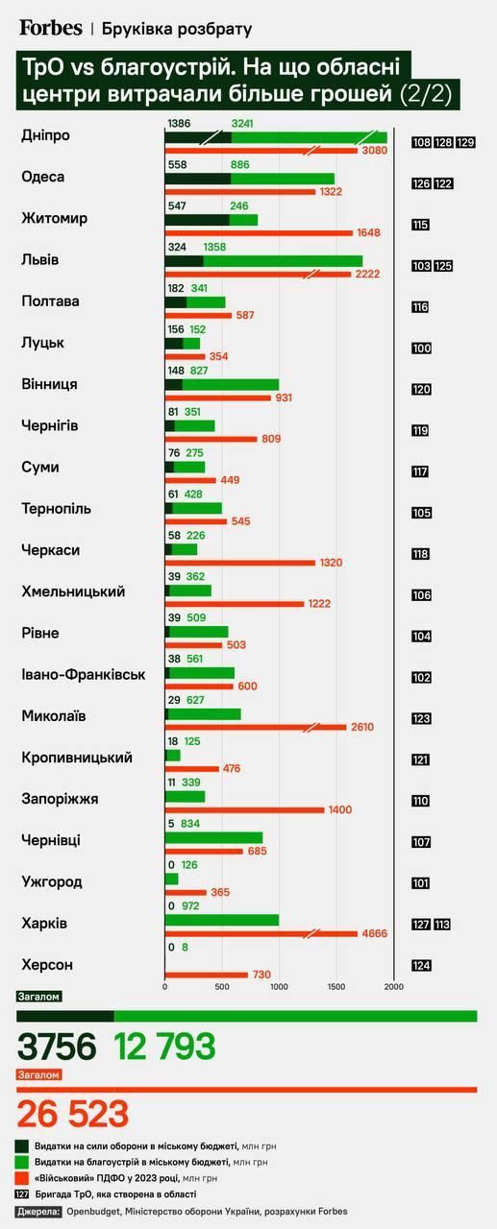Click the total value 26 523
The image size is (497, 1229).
[73, 1114]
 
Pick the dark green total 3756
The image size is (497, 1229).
[57, 1047]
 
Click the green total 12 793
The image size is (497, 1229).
[164, 1047]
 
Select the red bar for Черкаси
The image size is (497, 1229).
[240, 563]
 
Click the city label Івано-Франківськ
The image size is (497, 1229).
[83, 674]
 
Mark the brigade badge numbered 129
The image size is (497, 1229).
[467, 143]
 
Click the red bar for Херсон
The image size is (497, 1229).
[206, 976]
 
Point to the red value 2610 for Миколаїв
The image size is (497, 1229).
[361, 727]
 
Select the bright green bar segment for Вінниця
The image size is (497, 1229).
[230, 385]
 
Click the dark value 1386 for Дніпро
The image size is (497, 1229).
[179, 124]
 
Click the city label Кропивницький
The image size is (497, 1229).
[76, 757]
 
